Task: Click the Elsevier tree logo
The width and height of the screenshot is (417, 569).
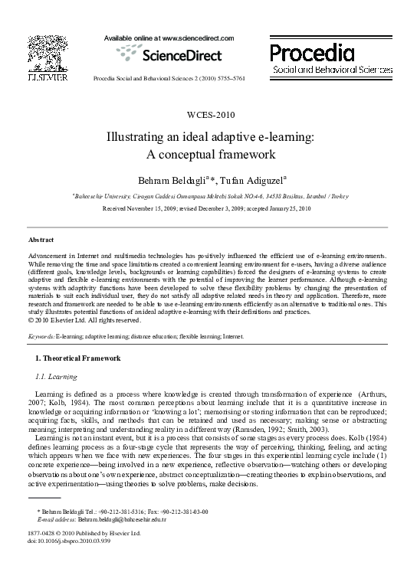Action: tap(44, 51)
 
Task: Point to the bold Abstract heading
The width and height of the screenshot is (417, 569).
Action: tap(40, 240)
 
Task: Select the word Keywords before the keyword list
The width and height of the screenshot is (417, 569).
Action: tap(40, 336)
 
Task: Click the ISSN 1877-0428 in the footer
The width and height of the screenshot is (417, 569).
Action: tap(40, 533)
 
